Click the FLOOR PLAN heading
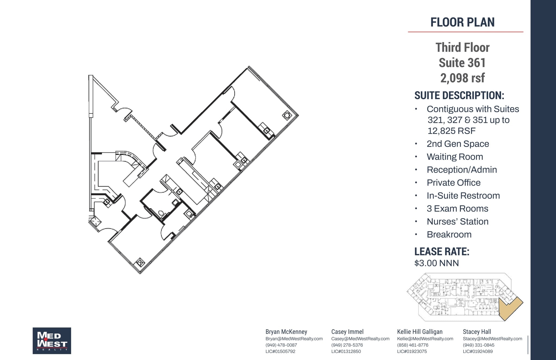point(462,22)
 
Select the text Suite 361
point(462,63)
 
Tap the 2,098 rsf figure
point(462,78)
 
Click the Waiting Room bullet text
point(455,157)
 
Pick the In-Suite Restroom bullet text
point(463,196)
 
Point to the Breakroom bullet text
point(449,234)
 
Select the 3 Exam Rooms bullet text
point(457,209)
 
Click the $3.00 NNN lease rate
point(437,263)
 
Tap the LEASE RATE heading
point(442,252)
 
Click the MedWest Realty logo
point(52,341)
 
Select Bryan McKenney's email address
point(294,339)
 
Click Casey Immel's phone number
point(347,345)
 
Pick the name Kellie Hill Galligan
point(420,332)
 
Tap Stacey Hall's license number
point(478,351)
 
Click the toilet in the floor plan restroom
point(162,214)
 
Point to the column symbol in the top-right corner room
point(287,115)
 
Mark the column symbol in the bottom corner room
point(140,262)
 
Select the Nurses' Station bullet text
point(457,222)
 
